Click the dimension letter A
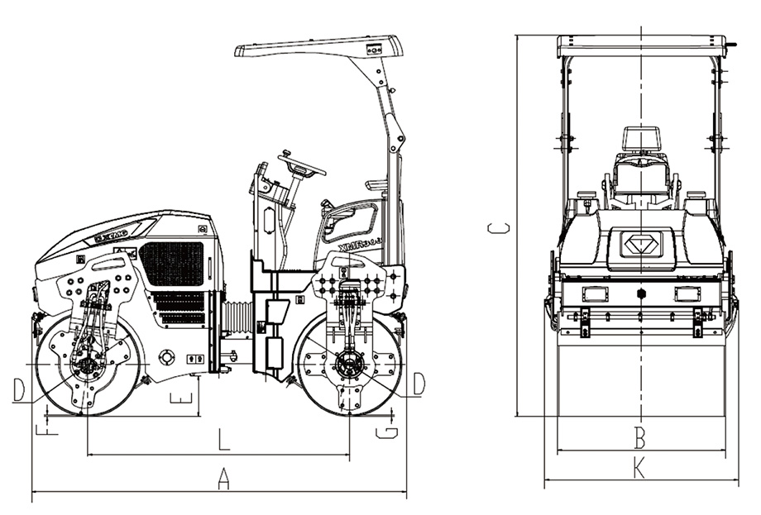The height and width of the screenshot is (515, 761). (222, 478)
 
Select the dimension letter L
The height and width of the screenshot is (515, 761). (223, 439)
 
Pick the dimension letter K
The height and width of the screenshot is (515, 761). (639, 469)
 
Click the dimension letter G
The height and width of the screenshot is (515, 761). (386, 431)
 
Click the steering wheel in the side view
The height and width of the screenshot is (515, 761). (302, 164)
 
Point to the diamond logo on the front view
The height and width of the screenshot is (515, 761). (641, 246)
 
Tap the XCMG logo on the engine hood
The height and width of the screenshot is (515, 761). (111, 234)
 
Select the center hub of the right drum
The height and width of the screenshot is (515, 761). (350, 364)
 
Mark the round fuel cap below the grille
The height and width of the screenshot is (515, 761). (167, 357)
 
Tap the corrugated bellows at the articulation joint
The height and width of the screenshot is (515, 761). (237, 318)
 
